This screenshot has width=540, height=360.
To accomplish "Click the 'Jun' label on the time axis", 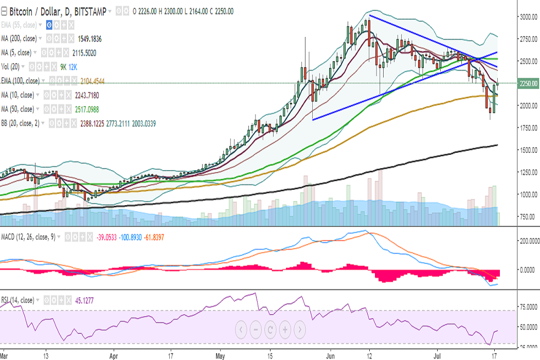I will click(330, 355).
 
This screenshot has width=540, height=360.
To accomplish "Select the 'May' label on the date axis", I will click(221, 355).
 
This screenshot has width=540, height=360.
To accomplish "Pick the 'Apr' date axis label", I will click(114, 355).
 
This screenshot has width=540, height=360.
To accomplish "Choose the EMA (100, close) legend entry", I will click(20, 81).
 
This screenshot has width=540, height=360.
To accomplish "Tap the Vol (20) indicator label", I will click(14, 67).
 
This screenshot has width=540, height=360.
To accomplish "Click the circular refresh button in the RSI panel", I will click(270, 329).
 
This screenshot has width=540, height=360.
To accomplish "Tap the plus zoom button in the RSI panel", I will click(284, 329).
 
